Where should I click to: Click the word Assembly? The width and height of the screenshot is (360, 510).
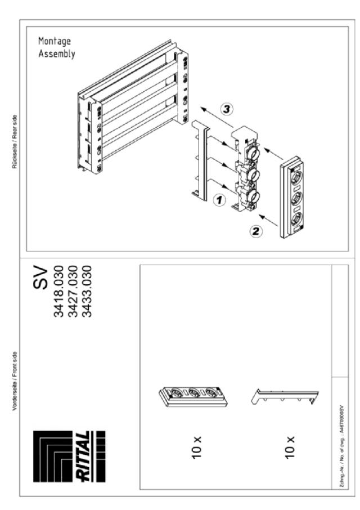tap(56, 55)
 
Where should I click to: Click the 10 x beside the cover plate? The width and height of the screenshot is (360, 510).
tap(197, 445)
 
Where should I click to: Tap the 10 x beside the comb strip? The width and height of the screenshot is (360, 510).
tap(290, 445)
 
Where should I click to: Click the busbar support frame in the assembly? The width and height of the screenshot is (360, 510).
tap(132, 110)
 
